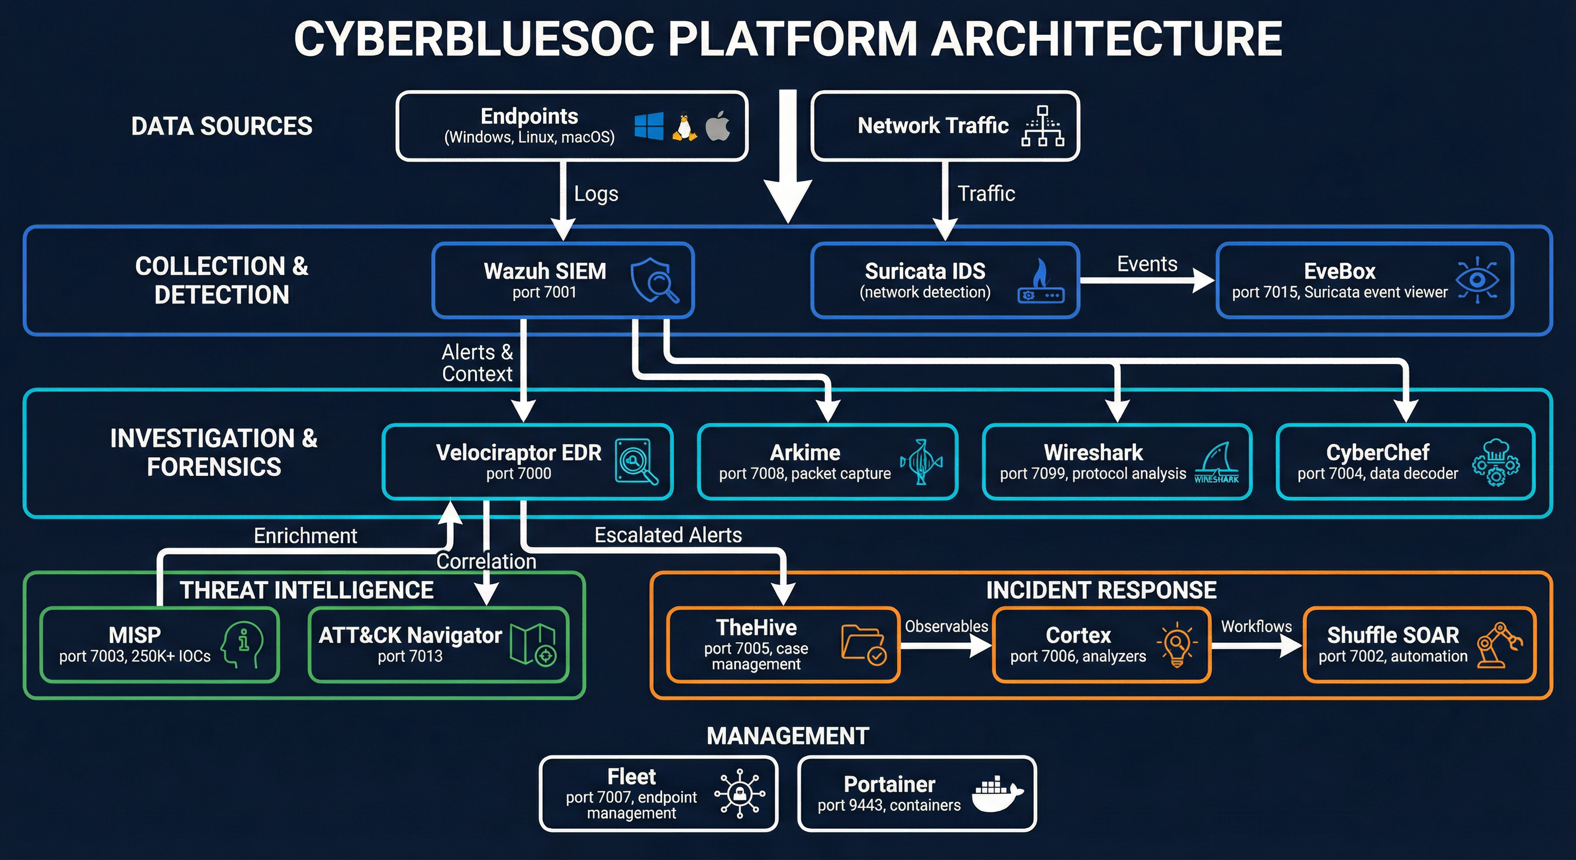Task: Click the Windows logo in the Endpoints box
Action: (x=649, y=126)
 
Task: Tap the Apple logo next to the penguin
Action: (x=717, y=126)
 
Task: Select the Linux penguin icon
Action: (x=684, y=127)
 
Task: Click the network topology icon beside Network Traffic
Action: (x=1043, y=125)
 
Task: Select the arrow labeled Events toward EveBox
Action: (x=1147, y=281)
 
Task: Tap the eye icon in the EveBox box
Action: (x=1477, y=281)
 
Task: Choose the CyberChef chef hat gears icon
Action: (x=1495, y=462)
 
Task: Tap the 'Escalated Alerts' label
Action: (x=668, y=535)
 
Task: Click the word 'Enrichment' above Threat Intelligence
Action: (x=305, y=536)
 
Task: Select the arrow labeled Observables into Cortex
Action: (x=946, y=644)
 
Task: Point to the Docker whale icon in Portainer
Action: (x=997, y=794)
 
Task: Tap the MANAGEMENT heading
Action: (x=787, y=736)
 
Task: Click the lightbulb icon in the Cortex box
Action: (x=1176, y=644)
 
